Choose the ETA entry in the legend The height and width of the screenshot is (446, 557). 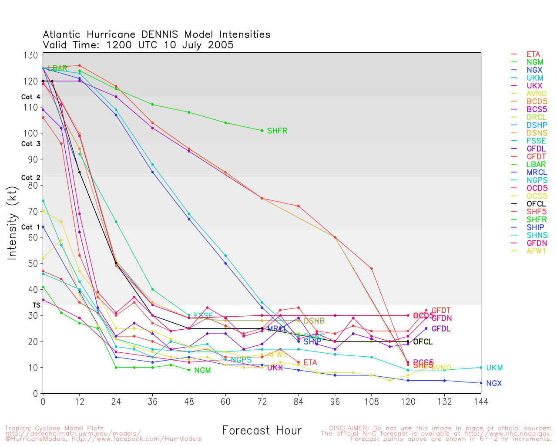pyautogui.click(x=533, y=54)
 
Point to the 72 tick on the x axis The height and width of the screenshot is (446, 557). pyautogui.click(x=262, y=401)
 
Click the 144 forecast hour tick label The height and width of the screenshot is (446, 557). pyautogui.click(x=481, y=401)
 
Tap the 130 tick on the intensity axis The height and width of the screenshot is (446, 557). pyautogui.click(x=31, y=55)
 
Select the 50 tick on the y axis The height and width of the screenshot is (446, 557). pyautogui.click(x=33, y=264)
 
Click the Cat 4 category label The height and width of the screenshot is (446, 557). pyautogui.click(x=31, y=97)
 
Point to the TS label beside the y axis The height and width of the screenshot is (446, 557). pyautogui.click(x=37, y=305)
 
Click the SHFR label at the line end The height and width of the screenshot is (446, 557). pyautogui.click(x=277, y=131)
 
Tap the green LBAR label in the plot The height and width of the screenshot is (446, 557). pyautogui.click(x=57, y=68)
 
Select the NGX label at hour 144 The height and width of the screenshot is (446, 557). pyautogui.click(x=494, y=383)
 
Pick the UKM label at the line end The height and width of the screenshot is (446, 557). pyautogui.click(x=494, y=368)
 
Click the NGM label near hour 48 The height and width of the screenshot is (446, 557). pyautogui.click(x=202, y=370)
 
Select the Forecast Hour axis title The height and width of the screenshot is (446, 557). pyautogui.click(x=262, y=430)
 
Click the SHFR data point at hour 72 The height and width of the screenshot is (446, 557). pyautogui.click(x=262, y=131)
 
